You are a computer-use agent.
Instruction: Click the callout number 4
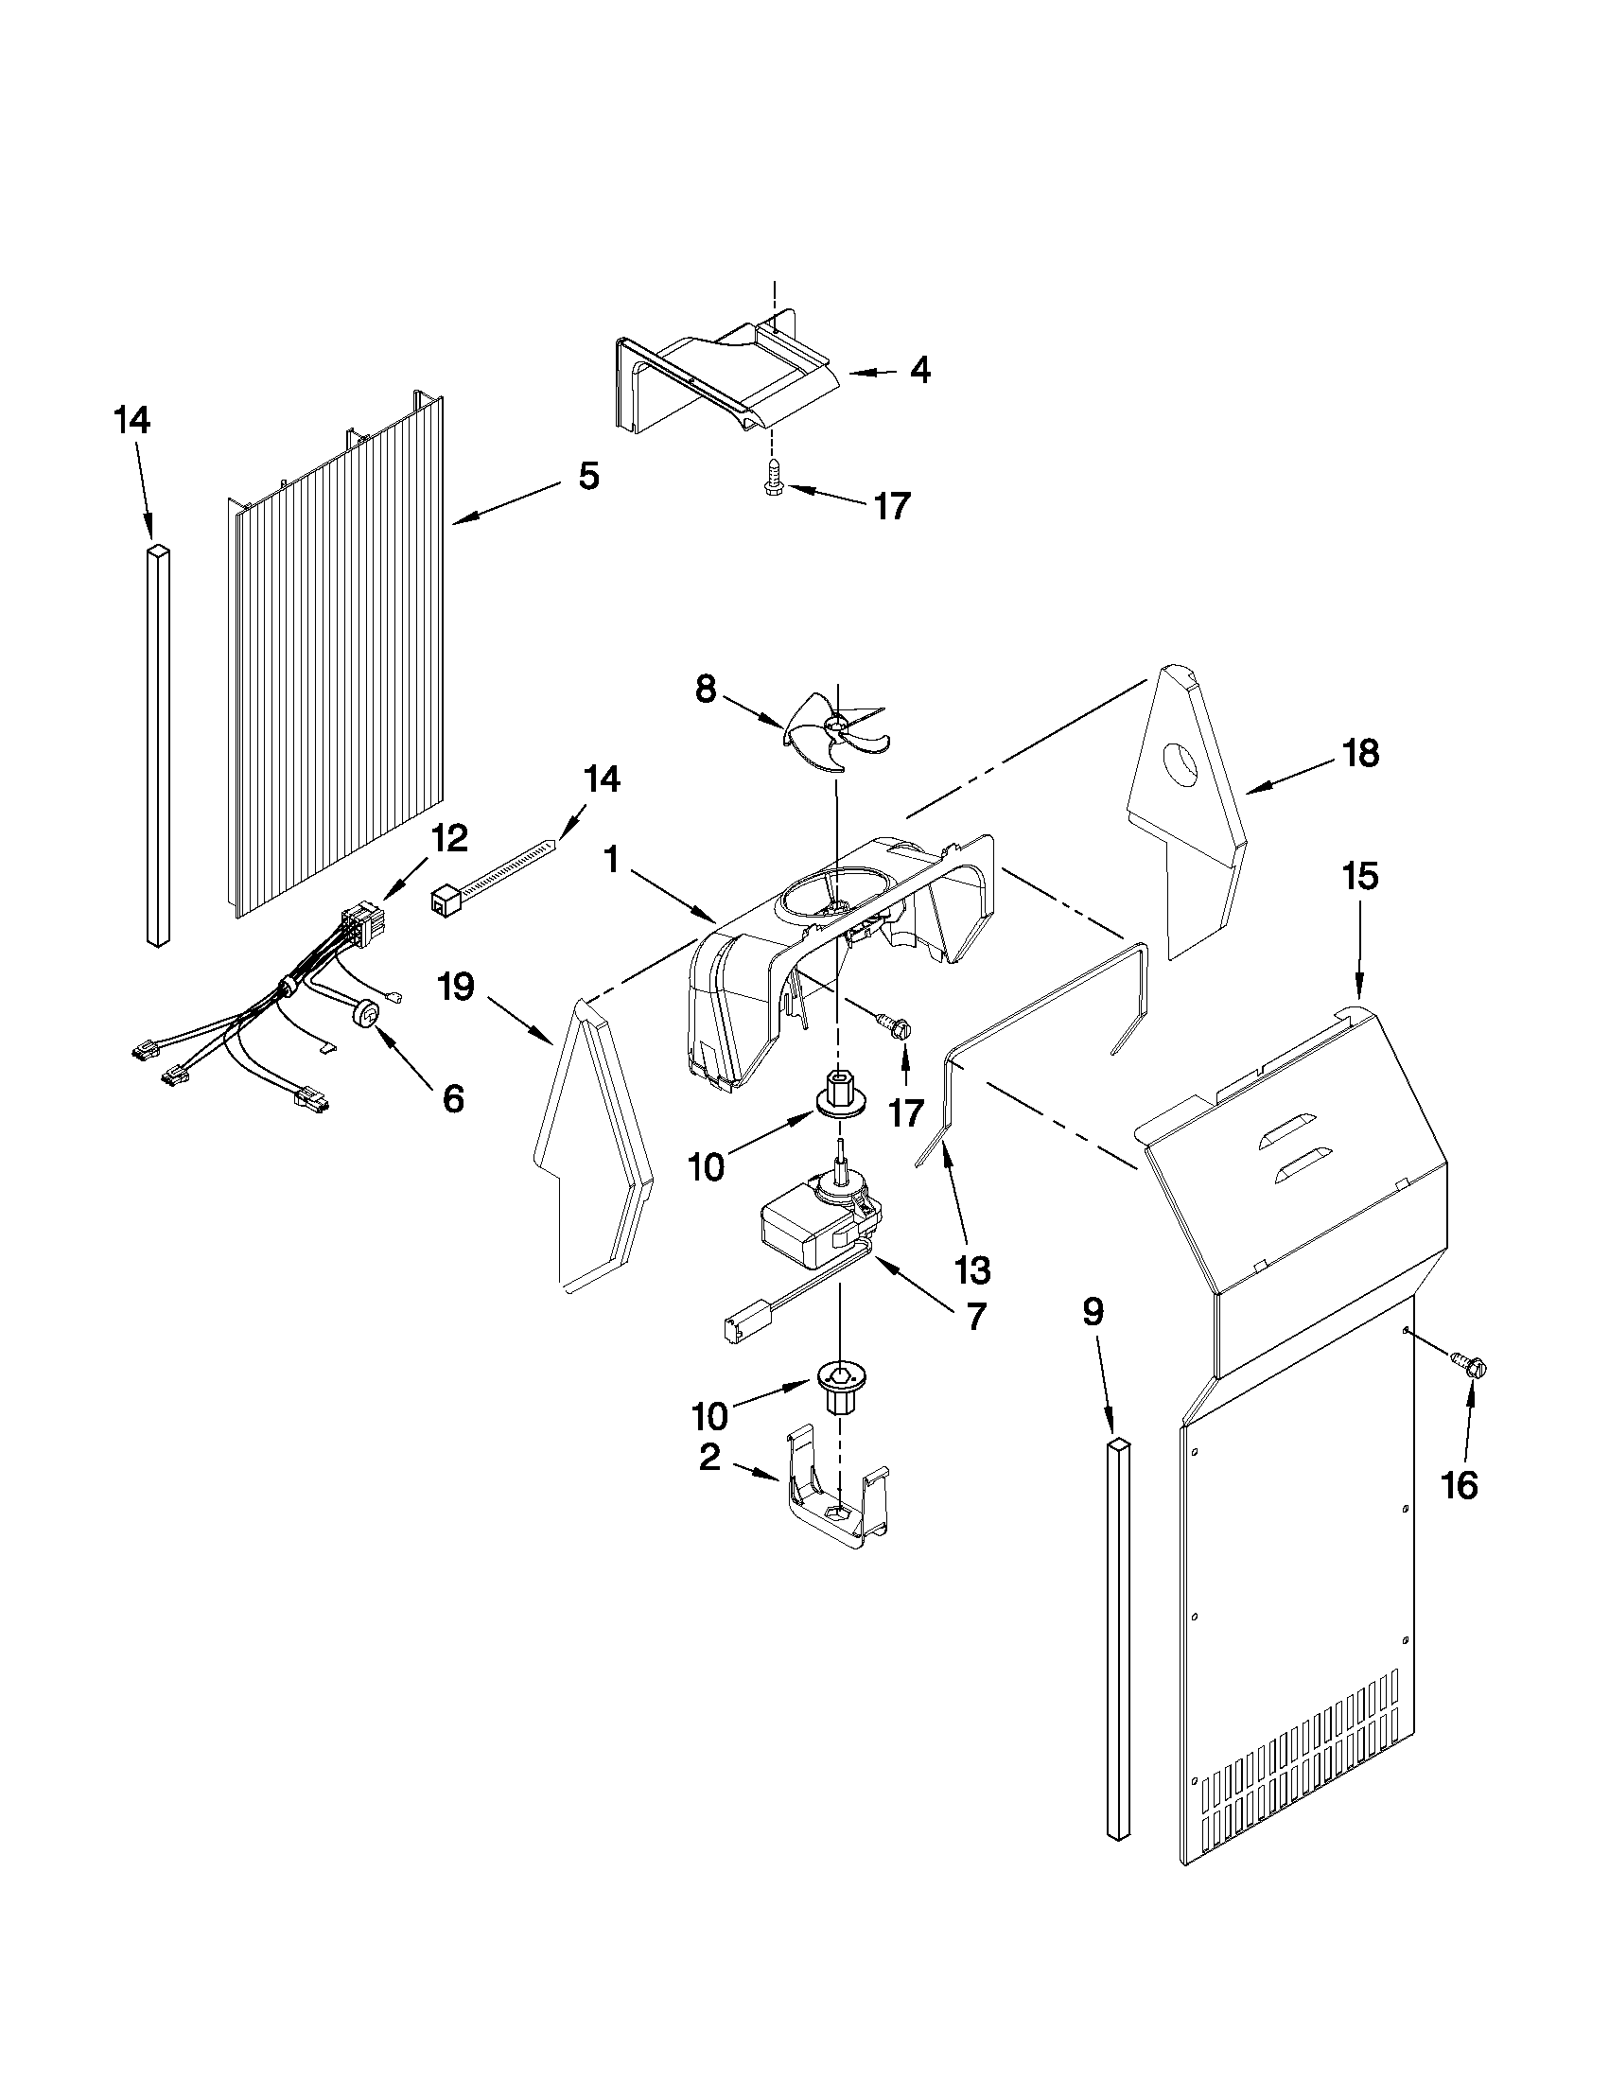918,370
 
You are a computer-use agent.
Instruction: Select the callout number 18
1360,753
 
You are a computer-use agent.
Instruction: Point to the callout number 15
1360,876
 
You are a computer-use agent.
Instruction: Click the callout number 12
450,839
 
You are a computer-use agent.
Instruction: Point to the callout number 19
457,987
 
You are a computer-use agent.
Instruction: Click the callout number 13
973,1268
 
